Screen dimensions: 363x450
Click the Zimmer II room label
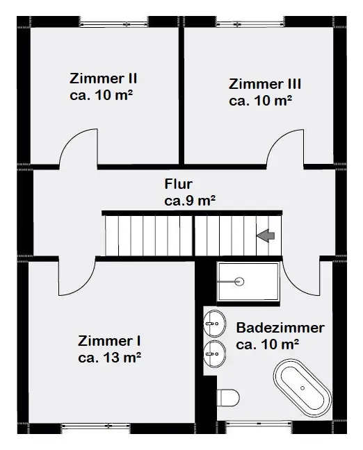[103, 78]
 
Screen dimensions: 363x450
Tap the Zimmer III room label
[265, 84]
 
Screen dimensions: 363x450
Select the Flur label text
[178, 184]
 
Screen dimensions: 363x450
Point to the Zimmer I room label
[109, 341]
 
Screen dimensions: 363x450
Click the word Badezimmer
[280, 328]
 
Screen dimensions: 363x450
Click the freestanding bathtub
[302, 388]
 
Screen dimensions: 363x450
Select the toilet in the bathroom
[228, 398]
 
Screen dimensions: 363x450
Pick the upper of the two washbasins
[214, 324]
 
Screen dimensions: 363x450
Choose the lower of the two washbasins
[214, 354]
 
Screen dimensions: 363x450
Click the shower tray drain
[239, 282]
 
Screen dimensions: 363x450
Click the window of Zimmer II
[114, 24]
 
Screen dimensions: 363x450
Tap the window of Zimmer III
[250, 24]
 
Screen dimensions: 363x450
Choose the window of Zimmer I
[96, 426]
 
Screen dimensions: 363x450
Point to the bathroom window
[259, 423]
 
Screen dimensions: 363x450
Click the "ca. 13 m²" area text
[109, 358]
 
